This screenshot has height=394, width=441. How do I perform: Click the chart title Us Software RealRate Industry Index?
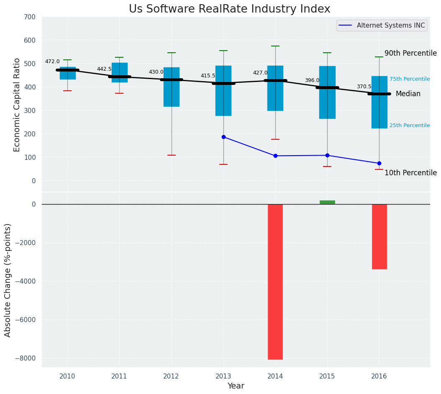229,9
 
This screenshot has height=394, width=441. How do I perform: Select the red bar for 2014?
275,281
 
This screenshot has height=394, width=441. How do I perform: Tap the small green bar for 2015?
327,202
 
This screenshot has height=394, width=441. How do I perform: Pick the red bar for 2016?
379,236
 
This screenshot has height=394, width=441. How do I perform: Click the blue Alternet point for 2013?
223,137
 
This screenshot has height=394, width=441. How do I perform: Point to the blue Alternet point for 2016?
379,163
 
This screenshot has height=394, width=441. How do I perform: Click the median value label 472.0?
52,62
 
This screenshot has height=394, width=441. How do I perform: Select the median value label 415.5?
208,76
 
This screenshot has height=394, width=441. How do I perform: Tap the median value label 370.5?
364,87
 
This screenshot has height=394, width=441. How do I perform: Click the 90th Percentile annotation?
410,54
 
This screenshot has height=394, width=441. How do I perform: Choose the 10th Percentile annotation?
410,173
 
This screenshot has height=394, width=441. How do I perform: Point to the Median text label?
408,94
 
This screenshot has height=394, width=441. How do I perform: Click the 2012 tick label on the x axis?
171,376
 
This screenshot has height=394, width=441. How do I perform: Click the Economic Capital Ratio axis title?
17,105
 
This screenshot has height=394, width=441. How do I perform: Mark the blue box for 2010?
68,73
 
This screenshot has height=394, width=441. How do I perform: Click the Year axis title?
236,386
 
